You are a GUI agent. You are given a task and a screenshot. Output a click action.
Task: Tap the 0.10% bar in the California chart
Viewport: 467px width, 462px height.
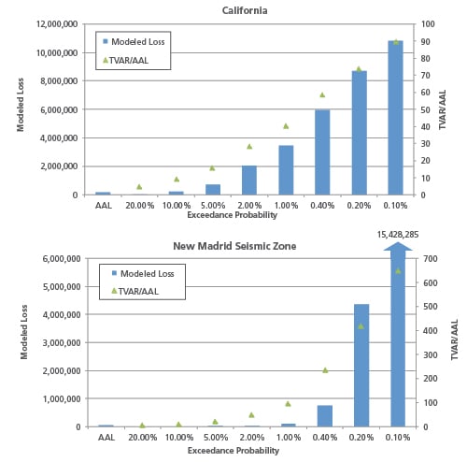tap(396, 118)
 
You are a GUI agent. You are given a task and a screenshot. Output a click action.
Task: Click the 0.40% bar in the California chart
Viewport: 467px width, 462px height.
tap(322, 152)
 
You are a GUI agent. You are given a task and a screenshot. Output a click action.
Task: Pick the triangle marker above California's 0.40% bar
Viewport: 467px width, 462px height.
tap(322, 94)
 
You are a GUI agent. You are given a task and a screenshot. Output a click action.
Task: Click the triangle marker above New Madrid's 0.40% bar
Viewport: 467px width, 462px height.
tap(324, 370)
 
